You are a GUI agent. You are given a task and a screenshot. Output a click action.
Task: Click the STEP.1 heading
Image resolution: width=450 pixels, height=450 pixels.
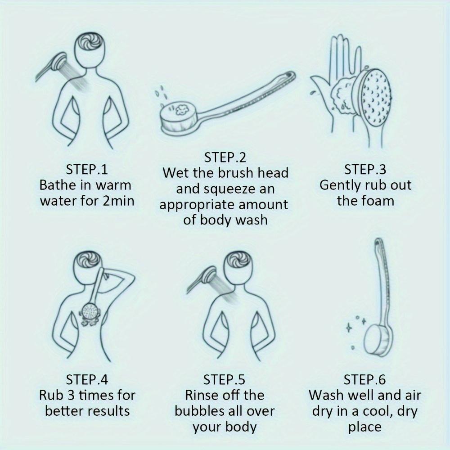pos(87,169)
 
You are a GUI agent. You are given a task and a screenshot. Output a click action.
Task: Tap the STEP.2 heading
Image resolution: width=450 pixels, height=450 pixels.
pos(225,157)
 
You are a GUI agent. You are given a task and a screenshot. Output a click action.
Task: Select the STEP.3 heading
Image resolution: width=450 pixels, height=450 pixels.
pos(365,169)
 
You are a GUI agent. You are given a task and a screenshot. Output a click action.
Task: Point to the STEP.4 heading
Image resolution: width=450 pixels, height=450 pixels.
pos(87,379)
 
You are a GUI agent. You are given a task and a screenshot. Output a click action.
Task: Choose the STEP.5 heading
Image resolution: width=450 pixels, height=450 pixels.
pos(224,379)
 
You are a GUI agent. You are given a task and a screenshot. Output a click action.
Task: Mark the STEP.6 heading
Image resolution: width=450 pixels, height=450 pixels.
pos(364,379)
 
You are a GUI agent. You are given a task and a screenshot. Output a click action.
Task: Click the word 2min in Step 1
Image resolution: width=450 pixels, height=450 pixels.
pos(118,201)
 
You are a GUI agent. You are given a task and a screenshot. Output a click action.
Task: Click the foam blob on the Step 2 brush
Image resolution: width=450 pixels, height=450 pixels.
pos(181,110)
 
